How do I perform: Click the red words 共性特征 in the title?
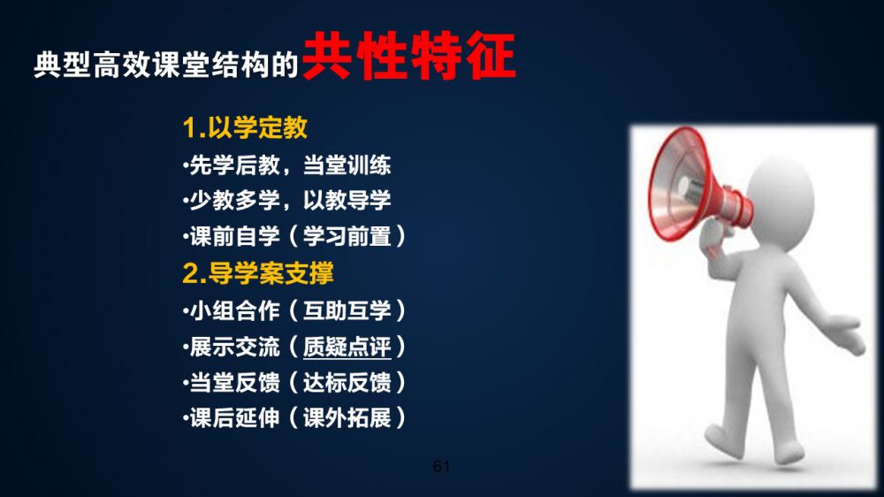409,56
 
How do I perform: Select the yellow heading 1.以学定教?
245,127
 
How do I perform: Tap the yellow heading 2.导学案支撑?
258,273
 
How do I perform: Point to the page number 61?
441,466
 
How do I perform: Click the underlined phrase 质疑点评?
347,347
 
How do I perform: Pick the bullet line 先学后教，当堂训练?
287,165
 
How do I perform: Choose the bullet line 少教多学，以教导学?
287,200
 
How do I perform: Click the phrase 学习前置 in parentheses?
347,236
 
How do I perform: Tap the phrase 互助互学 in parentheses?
347,310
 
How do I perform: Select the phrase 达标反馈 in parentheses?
347,383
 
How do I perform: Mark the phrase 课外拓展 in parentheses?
347,418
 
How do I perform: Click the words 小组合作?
234,310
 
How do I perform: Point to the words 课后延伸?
234,418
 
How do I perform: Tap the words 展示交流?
234,347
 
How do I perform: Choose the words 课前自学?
234,236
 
